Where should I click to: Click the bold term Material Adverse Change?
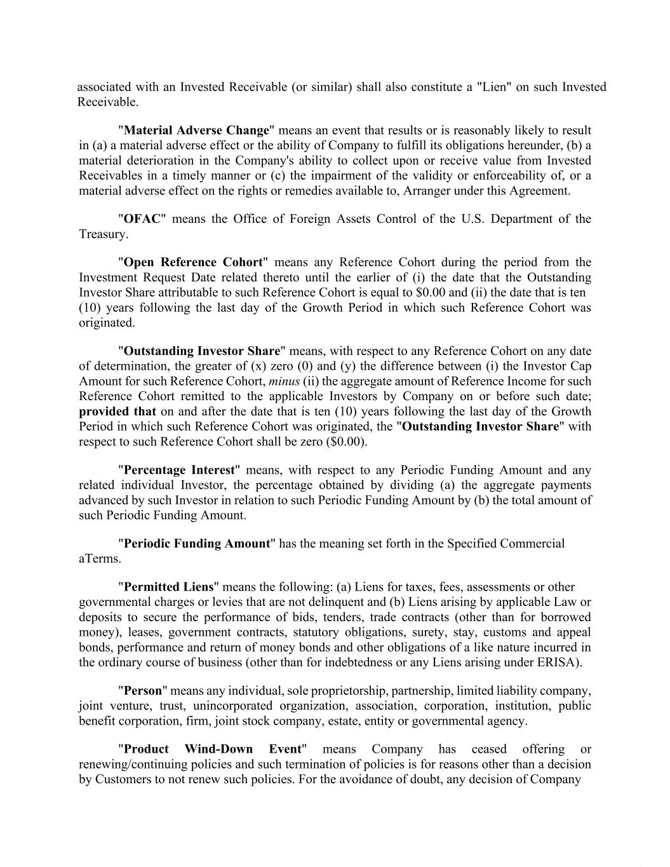197,130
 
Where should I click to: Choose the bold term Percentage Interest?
179,470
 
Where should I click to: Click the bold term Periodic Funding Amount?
197,544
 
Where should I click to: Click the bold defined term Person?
143,691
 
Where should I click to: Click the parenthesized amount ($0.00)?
345,441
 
